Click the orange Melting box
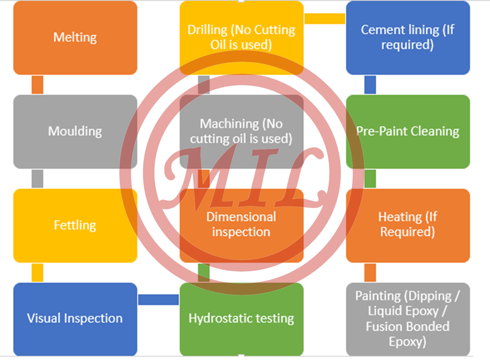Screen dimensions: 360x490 pos(75,38)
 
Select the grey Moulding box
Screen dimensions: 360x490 pos(75,131)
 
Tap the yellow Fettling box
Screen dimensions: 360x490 pos(75,225)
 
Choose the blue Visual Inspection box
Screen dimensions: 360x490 pos(75,318)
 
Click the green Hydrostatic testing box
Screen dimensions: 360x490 pos(241,318)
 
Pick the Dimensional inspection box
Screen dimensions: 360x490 pos(241,224)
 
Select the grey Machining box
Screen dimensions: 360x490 pos(241,131)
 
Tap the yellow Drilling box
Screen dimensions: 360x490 pos(241,37)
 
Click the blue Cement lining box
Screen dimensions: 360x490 pos(408,37)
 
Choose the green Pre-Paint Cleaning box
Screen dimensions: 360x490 pos(408,131)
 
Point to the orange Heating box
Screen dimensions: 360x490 pos(408,224)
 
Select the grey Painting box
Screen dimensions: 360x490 pos(408,318)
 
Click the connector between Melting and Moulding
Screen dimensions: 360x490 pos(37,85)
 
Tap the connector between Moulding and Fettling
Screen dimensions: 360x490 pos(37,179)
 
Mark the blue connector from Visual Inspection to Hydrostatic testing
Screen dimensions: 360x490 pos(158,300)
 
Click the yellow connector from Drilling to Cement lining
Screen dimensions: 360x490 pos(324,19)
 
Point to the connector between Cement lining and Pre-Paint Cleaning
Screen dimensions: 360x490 pos(370,85)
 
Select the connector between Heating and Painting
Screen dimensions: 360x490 pos(370,273)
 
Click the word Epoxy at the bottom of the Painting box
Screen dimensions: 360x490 pos(408,341)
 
